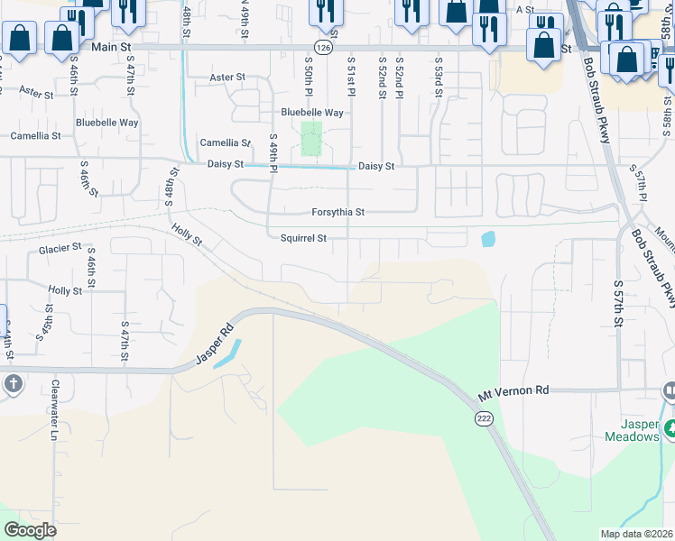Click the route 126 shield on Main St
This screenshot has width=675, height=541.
(x=322, y=47)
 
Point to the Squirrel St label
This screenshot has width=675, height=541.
(x=302, y=238)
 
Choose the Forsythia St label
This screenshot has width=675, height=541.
(x=337, y=212)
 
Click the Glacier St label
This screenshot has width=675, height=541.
(x=60, y=248)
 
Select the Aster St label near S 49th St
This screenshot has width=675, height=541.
(x=227, y=78)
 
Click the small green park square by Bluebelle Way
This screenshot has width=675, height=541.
(x=311, y=139)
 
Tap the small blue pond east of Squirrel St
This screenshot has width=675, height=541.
(x=488, y=239)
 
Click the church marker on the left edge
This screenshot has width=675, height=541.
(x=13, y=384)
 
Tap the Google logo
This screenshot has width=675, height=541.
(x=31, y=529)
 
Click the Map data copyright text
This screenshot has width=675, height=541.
(x=636, y=534)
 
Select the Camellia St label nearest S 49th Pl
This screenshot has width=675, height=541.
(x=225, y=142)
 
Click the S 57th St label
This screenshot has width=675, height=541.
(x=619, y=307)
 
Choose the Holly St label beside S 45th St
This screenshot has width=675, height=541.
(x=65, y=290)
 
